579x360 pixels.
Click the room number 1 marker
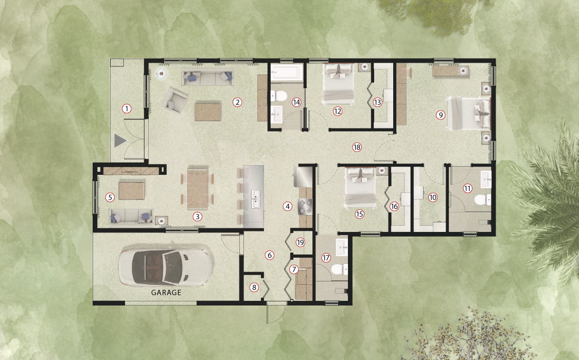click(127, 109)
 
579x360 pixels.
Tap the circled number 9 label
click(440, 115)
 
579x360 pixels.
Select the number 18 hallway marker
click(357, 147)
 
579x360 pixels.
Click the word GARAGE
click(166, 293)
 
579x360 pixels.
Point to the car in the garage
click(165, 267)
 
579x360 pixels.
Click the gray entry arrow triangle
click(120, 140)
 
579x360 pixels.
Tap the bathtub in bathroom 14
click(287, 73)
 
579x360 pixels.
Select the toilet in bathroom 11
click(483, 200)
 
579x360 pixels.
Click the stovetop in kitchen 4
click(305, 207)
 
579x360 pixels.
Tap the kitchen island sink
click(255, 199)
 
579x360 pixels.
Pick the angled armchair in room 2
click(174, 100)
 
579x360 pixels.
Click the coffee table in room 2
click(208, 112)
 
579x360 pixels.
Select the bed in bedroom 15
click(361, 187)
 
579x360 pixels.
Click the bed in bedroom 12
click(338, 84)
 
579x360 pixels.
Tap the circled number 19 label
click(300, 242)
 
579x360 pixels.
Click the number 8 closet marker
click(254, 287)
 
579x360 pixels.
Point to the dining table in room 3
click(198, 188)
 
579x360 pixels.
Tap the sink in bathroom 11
click(485, 179)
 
